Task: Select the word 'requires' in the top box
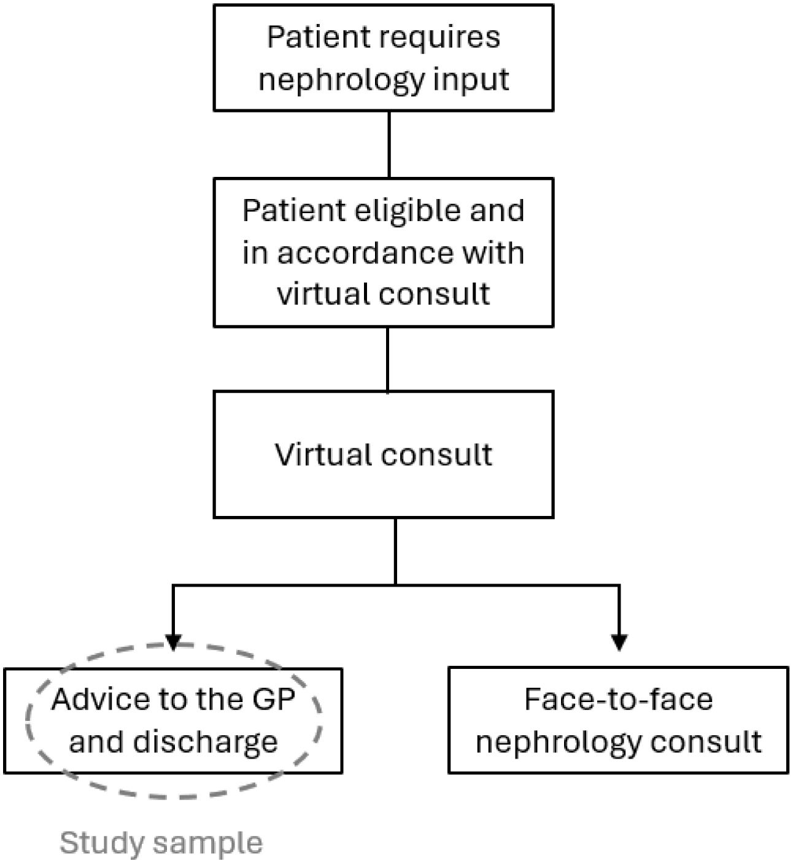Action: tap(439, 38)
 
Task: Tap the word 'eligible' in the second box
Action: tap(403, 211)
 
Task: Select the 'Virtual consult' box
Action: tap(384, 485)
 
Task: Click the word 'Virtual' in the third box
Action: tap(323, 455)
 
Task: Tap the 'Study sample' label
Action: tap(161, 843)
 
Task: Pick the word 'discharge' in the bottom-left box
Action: tap(205, 742)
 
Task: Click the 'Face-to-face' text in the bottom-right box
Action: tap(618, 700)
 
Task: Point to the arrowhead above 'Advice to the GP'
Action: tap(174, 641)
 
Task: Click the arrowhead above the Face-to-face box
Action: tap(619, 641)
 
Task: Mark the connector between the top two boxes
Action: tap(389, 145)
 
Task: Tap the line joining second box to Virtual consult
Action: tap(387, 359)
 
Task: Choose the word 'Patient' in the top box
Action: tap(311, 38)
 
